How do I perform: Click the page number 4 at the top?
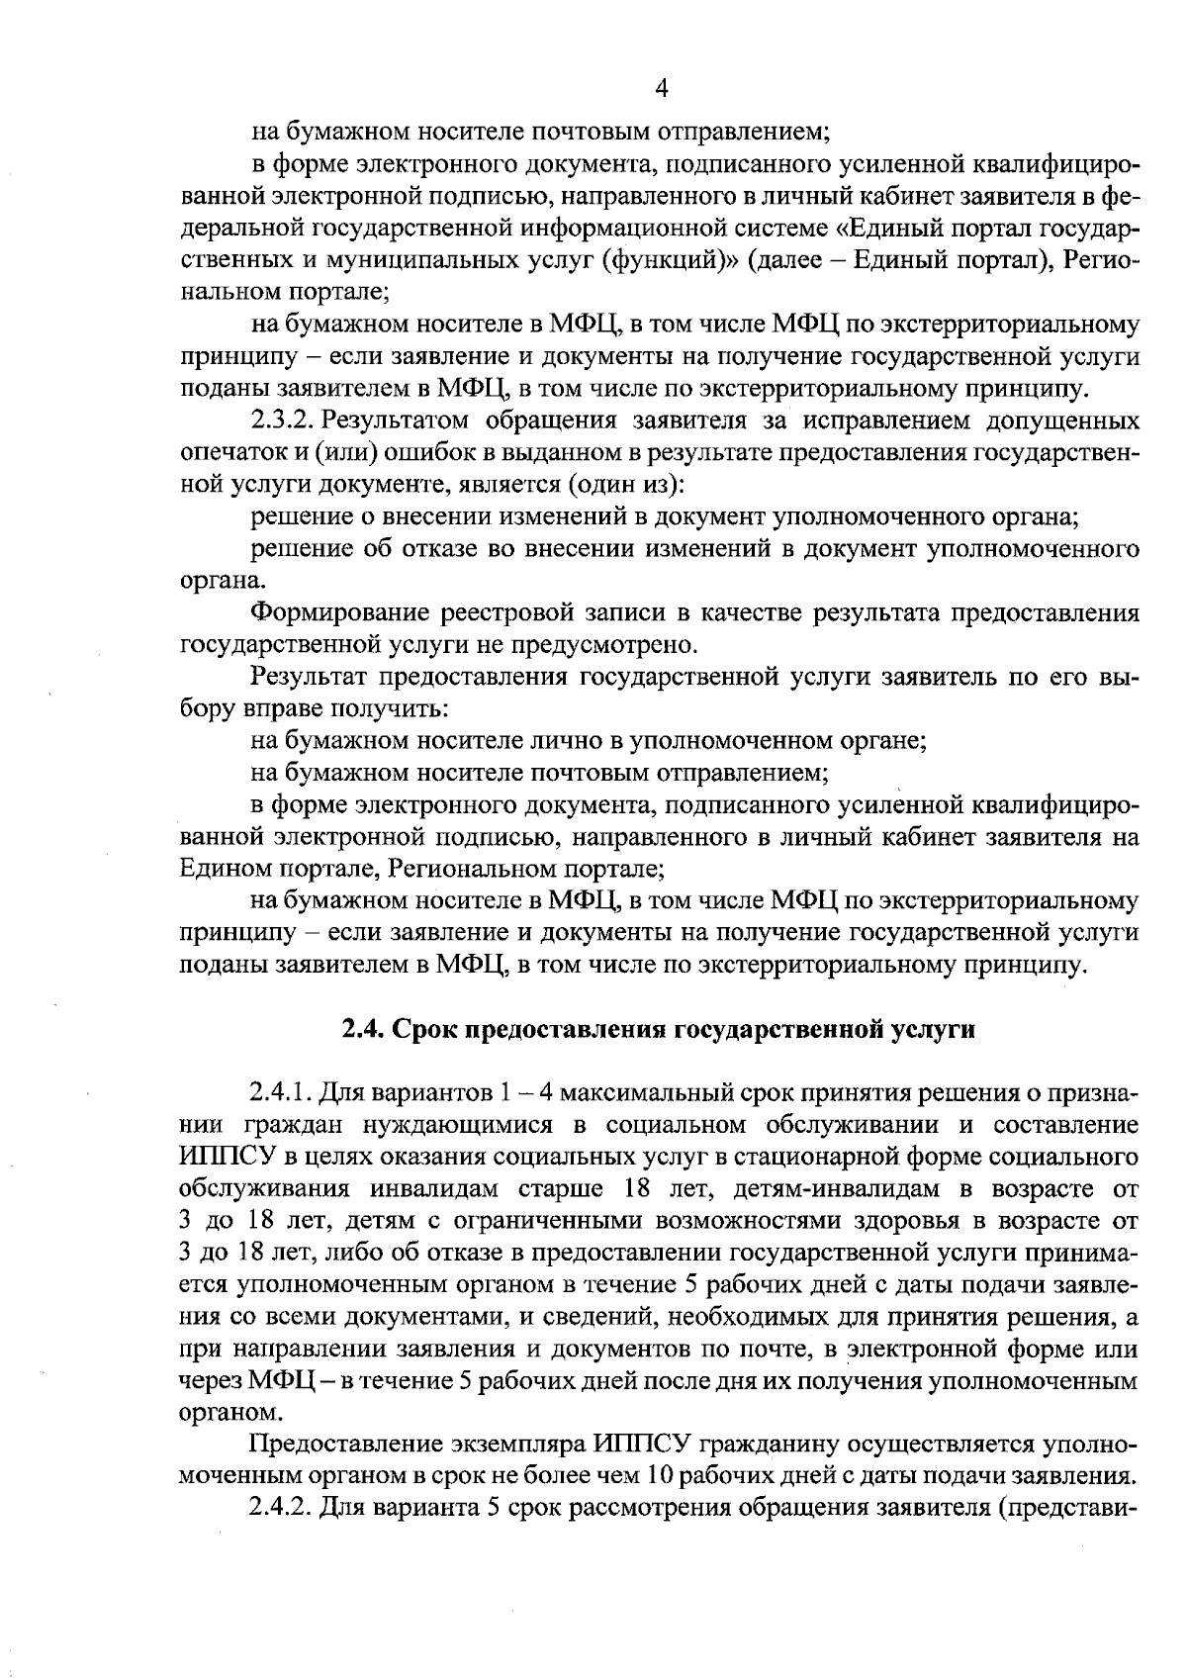662,88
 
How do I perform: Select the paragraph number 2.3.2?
283,420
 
